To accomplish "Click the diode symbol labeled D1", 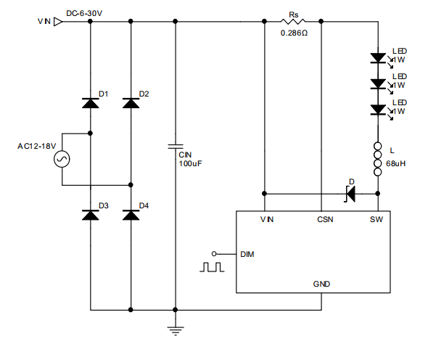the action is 91,103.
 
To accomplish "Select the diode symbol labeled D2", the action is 131,103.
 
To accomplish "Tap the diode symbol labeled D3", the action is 91,215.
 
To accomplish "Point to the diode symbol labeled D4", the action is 131,215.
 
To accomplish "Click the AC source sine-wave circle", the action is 62,159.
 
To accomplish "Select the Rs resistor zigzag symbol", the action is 293,21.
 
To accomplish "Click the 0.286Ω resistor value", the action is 294,33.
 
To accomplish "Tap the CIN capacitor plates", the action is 176,147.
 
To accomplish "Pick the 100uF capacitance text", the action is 190,163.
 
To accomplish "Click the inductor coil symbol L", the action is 378,159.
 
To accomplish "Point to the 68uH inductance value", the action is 395,163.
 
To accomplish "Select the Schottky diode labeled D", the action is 350,194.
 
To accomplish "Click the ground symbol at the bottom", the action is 176,331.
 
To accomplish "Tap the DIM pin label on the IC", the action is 247,254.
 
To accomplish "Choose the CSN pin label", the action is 325,220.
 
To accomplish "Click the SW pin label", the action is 376,220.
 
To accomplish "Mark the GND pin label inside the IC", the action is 321,284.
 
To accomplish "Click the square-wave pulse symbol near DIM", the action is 212,267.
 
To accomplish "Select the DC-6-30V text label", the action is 84,13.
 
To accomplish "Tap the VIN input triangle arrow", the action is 58,22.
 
